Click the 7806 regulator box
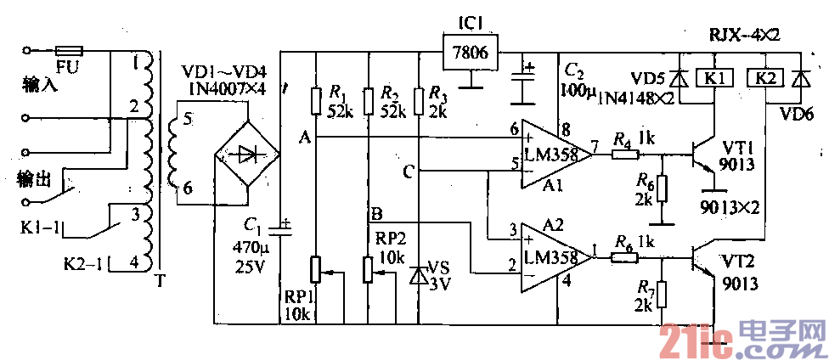(469, 52)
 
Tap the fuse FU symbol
(67, 50)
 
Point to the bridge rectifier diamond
(245, 154)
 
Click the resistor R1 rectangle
(314, 101)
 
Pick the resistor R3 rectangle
(419, 101)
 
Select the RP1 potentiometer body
(314, 270)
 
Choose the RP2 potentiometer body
(368, 270)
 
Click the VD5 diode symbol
(679, 79)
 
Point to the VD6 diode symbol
(798, 79)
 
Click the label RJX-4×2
(743, 34)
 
